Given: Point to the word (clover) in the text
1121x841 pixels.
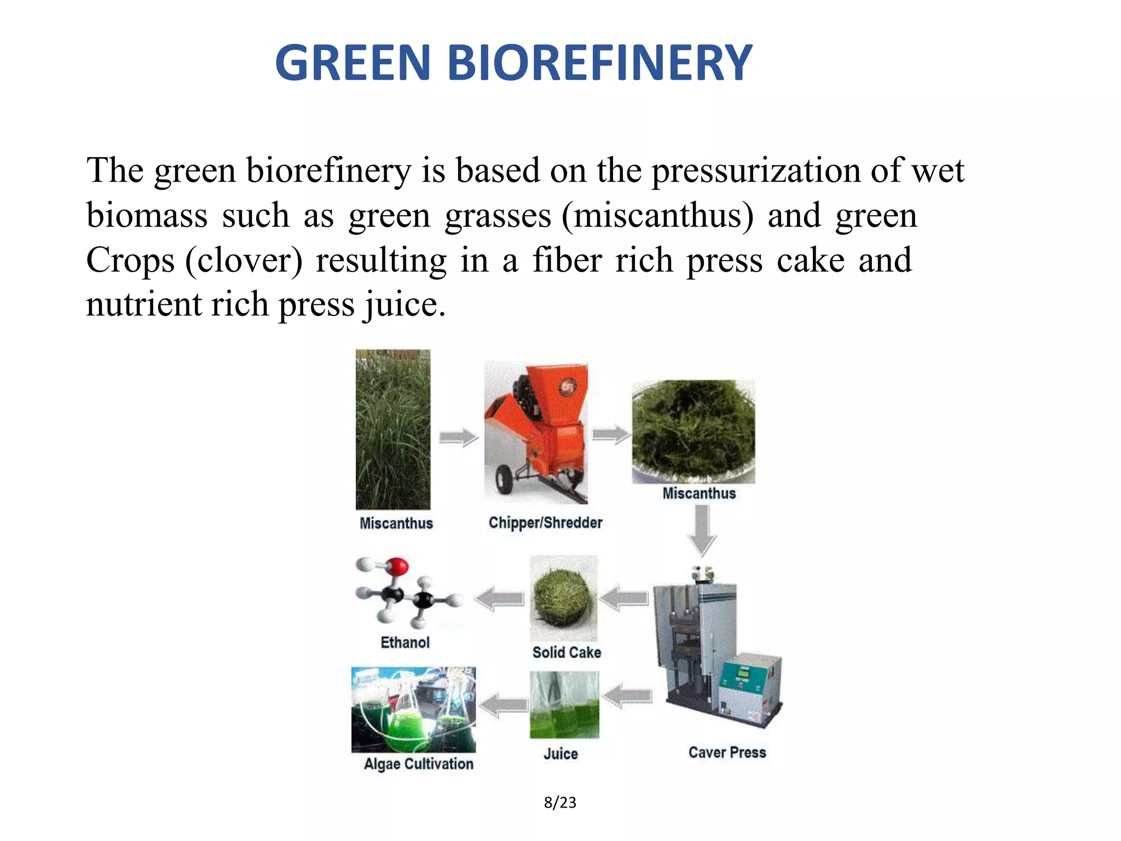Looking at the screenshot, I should point(244,260).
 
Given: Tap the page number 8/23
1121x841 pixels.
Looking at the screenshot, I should point(560,802).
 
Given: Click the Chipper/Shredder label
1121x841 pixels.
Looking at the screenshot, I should point(545,522).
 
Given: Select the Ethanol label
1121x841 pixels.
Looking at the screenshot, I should point(405,642).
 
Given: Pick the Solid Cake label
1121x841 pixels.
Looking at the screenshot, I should point(567,652).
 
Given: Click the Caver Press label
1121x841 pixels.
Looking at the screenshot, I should point(727,752).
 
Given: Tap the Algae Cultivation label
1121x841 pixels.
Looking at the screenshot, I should point(419,764).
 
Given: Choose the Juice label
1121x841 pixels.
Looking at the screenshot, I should point(560,754).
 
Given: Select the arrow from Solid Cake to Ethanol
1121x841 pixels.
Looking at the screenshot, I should point(499,598).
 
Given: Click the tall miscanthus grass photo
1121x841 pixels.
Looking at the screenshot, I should point(393,430).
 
